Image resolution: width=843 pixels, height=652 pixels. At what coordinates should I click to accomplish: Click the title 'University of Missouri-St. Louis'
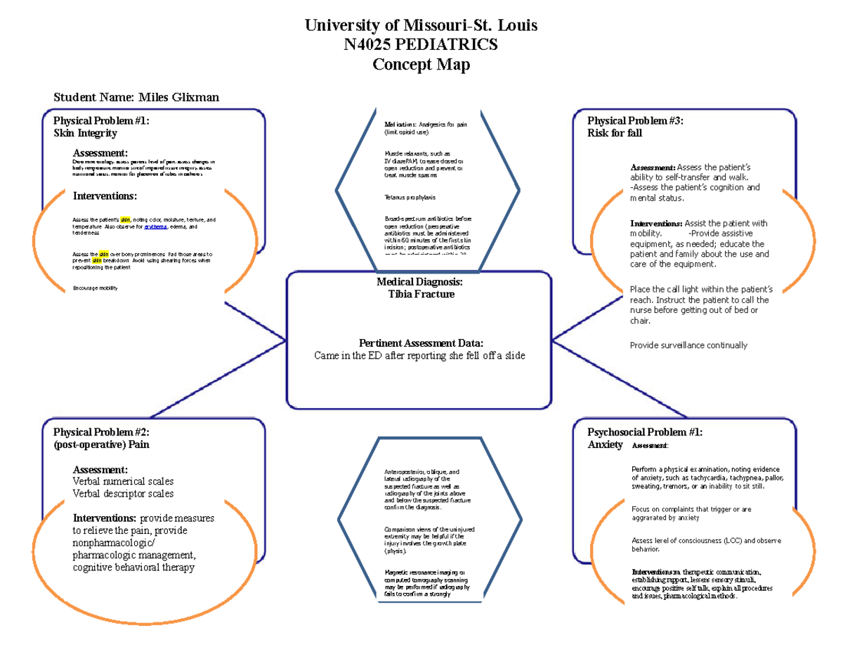pos(421,26)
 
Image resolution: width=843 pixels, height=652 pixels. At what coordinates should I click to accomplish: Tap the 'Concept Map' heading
pos(421,65)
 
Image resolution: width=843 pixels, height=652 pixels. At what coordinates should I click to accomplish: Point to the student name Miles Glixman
pos(178,97)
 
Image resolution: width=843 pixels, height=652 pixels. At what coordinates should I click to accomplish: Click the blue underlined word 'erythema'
pos(156,227)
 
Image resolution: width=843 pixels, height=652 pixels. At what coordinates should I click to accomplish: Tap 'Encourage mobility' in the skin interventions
pos(95,288)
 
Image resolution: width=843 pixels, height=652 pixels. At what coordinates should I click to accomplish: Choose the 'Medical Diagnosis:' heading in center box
pos(419,281)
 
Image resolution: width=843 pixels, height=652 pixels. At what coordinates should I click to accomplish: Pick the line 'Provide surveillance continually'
pos(688,345)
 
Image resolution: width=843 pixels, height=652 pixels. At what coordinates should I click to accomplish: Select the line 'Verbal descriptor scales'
pos(123,494)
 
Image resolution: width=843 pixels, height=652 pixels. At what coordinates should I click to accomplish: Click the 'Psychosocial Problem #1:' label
pos(645,432)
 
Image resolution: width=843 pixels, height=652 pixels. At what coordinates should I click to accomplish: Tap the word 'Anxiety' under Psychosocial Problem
pos(605,445)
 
